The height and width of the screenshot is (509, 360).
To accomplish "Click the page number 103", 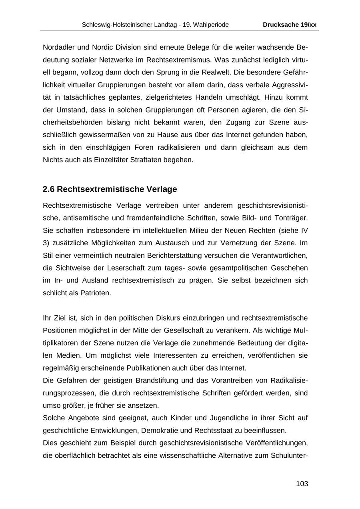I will (302, 484).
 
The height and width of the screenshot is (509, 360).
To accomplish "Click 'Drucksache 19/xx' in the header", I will (289, 25).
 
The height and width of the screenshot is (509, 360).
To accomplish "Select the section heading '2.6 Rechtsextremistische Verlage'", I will (110, 189).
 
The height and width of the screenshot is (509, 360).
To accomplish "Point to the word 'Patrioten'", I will (96, 293).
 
